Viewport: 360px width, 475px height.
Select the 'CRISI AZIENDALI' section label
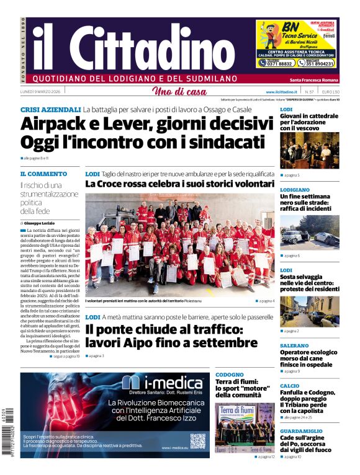coord(50,109)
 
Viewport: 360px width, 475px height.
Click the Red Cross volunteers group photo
coord(179,244)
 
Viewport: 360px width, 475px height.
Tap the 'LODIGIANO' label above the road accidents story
coord(295,190)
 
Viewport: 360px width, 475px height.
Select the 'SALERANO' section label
coord(294,345)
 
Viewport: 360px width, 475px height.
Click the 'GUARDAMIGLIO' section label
coord(300,431)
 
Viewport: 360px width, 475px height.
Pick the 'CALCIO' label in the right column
coord(289,386)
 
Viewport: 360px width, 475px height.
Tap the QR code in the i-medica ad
coord(198,440)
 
